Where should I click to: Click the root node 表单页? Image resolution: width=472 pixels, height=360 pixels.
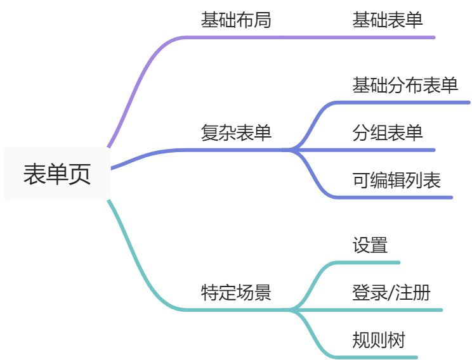(x=56, y=174)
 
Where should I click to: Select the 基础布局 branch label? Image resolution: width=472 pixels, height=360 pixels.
(x=236, y=20)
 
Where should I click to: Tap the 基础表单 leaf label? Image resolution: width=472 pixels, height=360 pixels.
(x=388, y=20)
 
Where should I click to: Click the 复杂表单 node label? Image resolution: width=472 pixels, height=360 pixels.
(x=236, y=133)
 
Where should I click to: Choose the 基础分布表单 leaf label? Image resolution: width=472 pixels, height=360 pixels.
(x=405, y=86)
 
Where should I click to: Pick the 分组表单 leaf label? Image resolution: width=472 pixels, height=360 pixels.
(x=388, y=133)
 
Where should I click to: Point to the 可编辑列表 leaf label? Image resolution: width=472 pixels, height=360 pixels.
(x=397, y=181)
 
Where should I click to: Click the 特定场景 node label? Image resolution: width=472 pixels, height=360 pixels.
(x=236, y=293)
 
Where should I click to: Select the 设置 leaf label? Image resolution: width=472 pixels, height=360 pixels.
(x=370, y=245)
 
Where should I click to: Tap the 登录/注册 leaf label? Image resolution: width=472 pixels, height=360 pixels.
(x=391, y=293)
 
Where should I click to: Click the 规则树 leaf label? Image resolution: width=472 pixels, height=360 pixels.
(x=379, y=340)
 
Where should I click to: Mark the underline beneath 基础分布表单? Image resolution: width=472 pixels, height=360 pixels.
(x=406, y=102)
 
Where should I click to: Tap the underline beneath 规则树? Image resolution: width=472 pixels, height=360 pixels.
(x=381, y=357)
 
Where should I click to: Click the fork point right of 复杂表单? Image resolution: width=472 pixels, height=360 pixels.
(x=291, y=150)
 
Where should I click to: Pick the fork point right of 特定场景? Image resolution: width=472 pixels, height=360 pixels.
(x=291, y=310)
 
